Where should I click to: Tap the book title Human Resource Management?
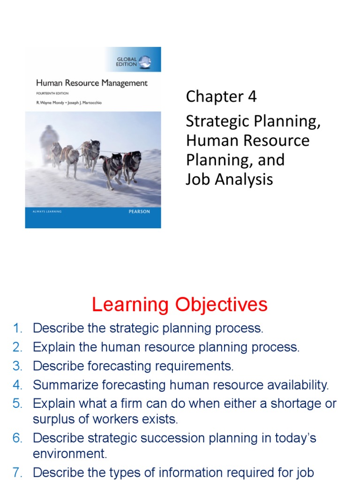pyautogui.click(x=92, y=83)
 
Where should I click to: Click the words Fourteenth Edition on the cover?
pyautogui.click(x=52, y=94)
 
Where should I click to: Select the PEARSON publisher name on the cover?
pyautogui.click(x=139, y=212)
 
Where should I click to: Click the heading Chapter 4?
pyautogui.click(x=221, y=97)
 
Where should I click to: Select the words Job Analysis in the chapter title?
pyautogui.click(x=229, y=179)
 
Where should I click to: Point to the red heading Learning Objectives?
pyautogui.click(x=180, y=305)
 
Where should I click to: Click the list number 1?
pyautogui.click(x=18, y=329)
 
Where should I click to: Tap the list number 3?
pyautogui.click(x=18, y=366)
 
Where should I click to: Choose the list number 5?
pyautogui.click(x=18, y=404)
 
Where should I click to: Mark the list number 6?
pyautogui.click(x=18, y=439)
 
